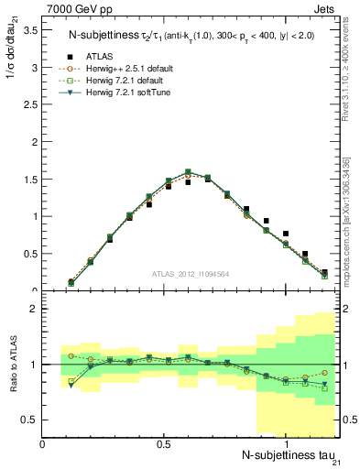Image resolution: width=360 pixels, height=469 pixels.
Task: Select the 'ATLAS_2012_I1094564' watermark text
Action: (191, 273)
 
